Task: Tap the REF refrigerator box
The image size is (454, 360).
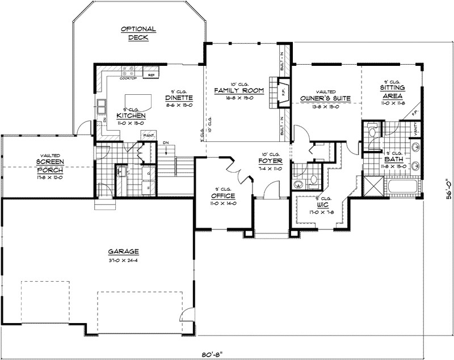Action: click(x=152, y=75)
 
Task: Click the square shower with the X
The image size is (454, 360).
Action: click(x=373, y=186)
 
